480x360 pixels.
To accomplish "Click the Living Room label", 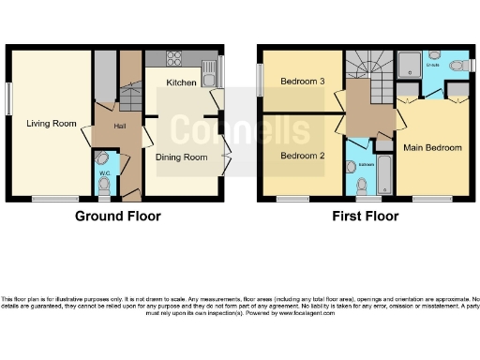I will click(52, 123).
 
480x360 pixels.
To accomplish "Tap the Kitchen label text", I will click(181, 83).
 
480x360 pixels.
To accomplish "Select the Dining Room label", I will click(181, 157).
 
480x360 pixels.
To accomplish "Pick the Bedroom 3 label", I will click(302, 82).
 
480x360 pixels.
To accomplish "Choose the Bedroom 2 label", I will click(302, 155).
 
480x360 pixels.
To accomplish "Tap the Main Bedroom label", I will click(432, 148).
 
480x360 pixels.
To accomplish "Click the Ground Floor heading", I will click(118, 216).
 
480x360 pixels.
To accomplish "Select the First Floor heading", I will click(366, 216).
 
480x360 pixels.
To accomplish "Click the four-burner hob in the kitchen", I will click(174, 59).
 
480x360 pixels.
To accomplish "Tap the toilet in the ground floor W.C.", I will click(104, 186).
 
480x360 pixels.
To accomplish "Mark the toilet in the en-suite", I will click(457, 67).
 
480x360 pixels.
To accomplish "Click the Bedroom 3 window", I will click(261, 79).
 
